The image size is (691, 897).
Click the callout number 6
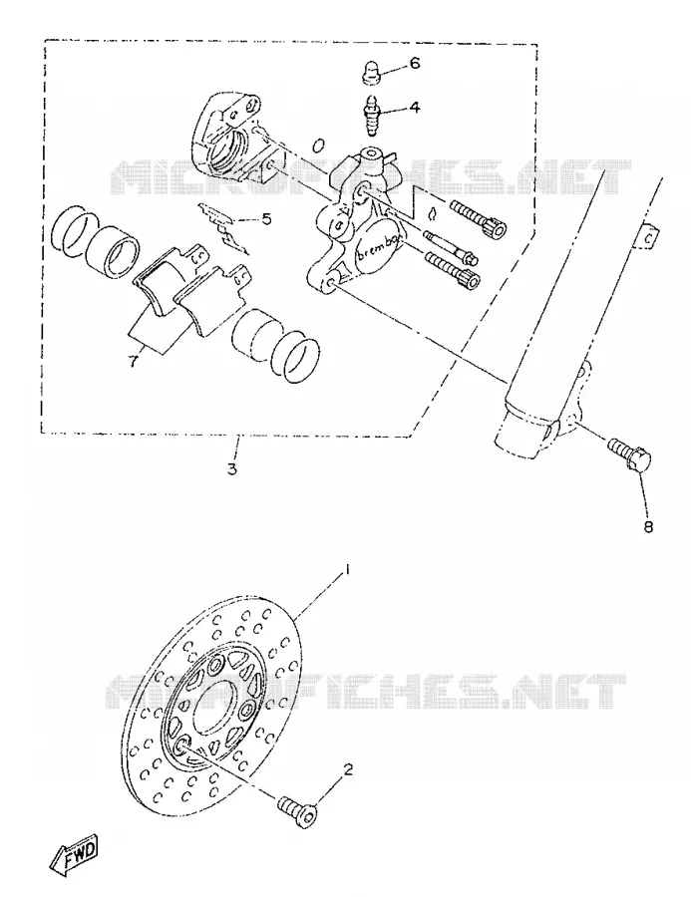click(x=414, y=63)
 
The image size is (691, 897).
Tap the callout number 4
click(x=414, y=107)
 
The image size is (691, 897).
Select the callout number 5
click(x=266, y=218)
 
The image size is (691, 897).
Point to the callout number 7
click(x=133, y=361)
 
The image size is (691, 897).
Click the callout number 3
click(x=231, y=468)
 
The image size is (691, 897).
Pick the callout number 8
click(x=648, y=525)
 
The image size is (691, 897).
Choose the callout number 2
click(x=348, y=769)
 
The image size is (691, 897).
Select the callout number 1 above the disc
click(x=346, y=570)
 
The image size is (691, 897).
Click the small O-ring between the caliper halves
click(x=318, y=145)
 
